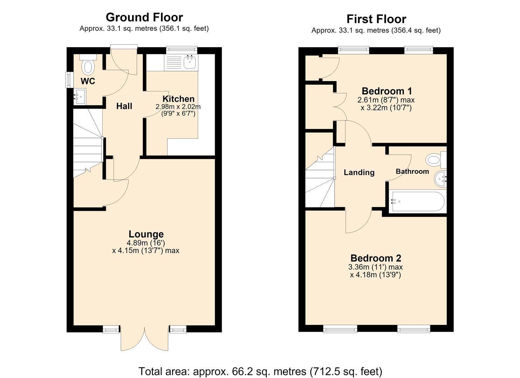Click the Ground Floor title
tap(144, 17)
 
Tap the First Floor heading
tap(376, 19)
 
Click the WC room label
tap(88, 81)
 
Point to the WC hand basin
tap(80, 97)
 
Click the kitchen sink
tap(190, 62)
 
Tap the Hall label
tap(124, 106)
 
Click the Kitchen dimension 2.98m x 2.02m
tap(178, 107)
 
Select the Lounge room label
tap(146, 234)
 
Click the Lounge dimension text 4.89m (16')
tap(146, 243)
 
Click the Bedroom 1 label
tap(387, 91)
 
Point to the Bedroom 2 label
tap(376, 258)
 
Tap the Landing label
tap(359, 173)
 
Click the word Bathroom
tap(412, 171)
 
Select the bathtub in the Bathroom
tap(418, 201)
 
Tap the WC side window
tap(69, 80)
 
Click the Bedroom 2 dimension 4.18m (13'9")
tap(375, 275)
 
